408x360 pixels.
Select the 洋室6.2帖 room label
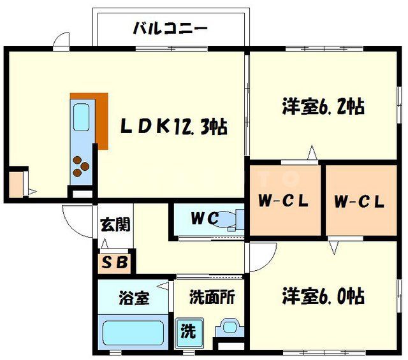click(x=323, y=106)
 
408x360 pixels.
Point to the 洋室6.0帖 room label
click(x=323, y=296)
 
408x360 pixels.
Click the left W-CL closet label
click(x=283, y=201)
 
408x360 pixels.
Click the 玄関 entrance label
click(x=115, y=225)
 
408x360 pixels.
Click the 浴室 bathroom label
click(x=134, y=297)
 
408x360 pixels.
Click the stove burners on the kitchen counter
click(x=80, y=166)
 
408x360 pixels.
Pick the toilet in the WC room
click(x=233, y=219)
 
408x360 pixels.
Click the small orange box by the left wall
click(x=15, y=184)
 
